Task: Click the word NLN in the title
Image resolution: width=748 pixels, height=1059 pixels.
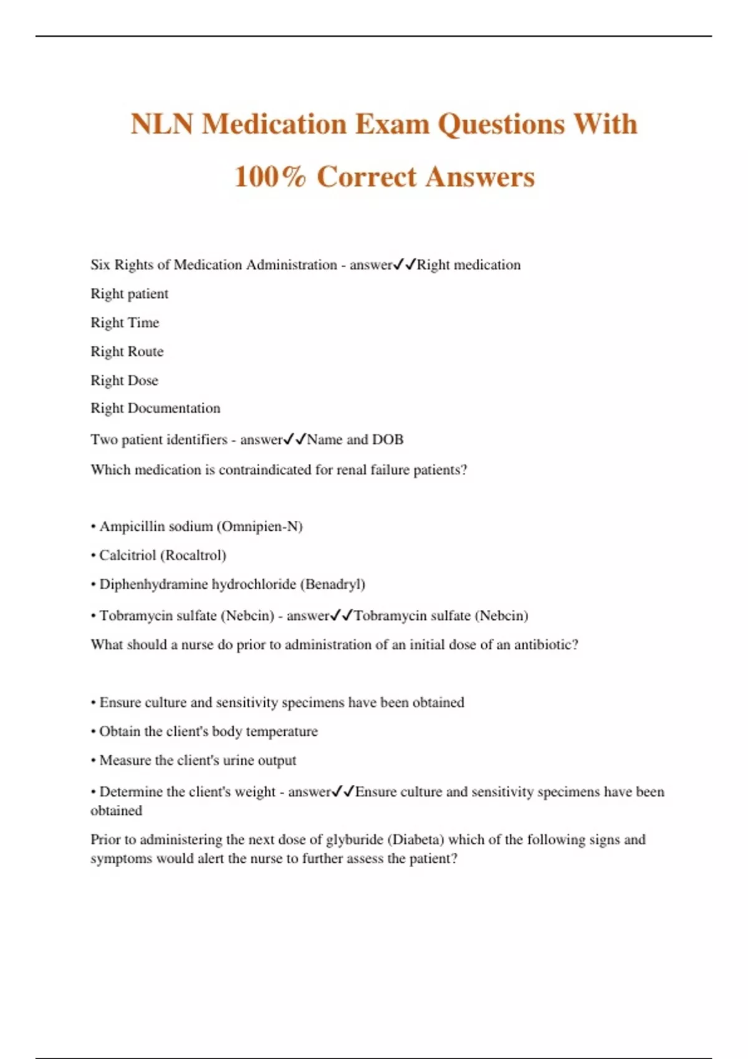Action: [x=162, y=124]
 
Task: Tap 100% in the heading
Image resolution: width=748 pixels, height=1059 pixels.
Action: [x=270, y=177]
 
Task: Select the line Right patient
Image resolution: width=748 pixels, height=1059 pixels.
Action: [x=129, y=293]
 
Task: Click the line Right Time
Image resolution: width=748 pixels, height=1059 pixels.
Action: [x=125, y=323]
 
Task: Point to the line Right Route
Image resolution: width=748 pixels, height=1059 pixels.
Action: [x=127, y=351]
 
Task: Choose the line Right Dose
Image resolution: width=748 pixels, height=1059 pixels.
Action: [x=124, y=380]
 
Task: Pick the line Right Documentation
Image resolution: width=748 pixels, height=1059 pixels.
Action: [x=155, y=408]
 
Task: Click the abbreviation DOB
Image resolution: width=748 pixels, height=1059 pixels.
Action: [x=388, y=440]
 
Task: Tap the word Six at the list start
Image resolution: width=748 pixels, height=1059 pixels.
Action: [x=100, y=265]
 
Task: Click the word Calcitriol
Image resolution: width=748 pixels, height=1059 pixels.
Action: [x=127, y=555]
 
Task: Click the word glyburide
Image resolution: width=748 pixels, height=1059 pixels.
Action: [x=354, y=840]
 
